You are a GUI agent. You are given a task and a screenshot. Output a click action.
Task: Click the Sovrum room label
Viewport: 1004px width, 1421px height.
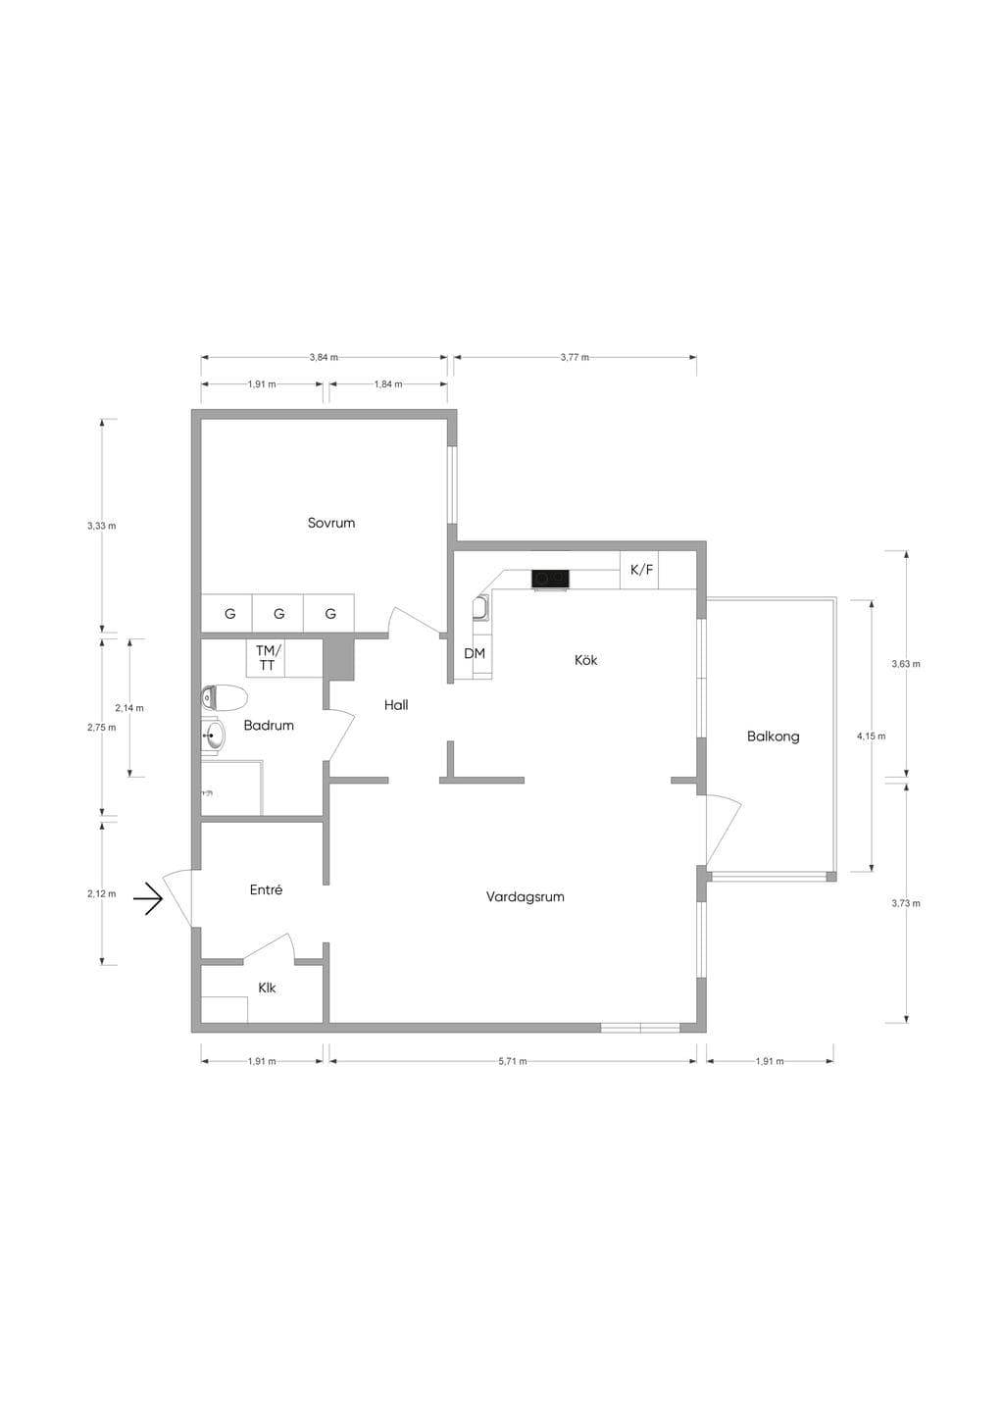click(x=331, y=524)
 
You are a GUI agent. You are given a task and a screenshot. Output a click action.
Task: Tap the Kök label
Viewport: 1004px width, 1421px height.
click(x=586, y=660)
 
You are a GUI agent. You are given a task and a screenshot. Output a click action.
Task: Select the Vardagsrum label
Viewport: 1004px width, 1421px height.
click(x=526, y=897)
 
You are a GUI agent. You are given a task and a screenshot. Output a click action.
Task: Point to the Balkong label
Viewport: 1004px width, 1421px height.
click(x=774, y=736)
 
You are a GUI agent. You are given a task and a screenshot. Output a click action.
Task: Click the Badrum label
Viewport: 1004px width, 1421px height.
click(x=269, y=725)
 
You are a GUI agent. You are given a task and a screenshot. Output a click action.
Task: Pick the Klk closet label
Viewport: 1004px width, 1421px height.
click(x=267, y=988)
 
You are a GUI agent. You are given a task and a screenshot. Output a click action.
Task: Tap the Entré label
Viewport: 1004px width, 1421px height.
click(x=267, y=890)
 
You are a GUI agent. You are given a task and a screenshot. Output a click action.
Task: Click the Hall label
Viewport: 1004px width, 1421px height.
click(x=396, y=705)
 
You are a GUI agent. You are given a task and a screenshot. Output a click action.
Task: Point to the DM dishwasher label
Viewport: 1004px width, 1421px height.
click(x=475, y=653)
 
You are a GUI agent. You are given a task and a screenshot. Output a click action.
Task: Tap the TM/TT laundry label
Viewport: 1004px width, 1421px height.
click(x=268, y=658)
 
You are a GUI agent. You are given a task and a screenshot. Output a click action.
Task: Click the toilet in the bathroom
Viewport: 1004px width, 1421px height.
click(x=224, y=698)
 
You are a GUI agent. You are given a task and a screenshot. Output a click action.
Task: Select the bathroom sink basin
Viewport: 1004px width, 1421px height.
click(x=213, y=736)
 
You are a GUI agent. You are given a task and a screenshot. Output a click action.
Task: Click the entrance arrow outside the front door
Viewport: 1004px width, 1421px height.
click(x=148, y=899)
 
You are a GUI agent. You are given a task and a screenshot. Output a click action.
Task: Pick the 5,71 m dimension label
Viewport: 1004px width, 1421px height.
click(x=513, y=1062)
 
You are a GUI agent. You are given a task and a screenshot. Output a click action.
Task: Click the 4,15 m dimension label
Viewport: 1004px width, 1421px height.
click(x=872, y=736)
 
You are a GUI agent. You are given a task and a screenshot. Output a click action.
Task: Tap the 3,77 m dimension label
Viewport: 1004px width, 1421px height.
click(x=575, y=357)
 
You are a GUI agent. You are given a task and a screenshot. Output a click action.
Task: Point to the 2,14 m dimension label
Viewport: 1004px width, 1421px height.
click(x=129, y=708)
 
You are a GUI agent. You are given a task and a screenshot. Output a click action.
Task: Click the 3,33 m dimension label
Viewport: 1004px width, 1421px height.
click(x=101, y=526)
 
